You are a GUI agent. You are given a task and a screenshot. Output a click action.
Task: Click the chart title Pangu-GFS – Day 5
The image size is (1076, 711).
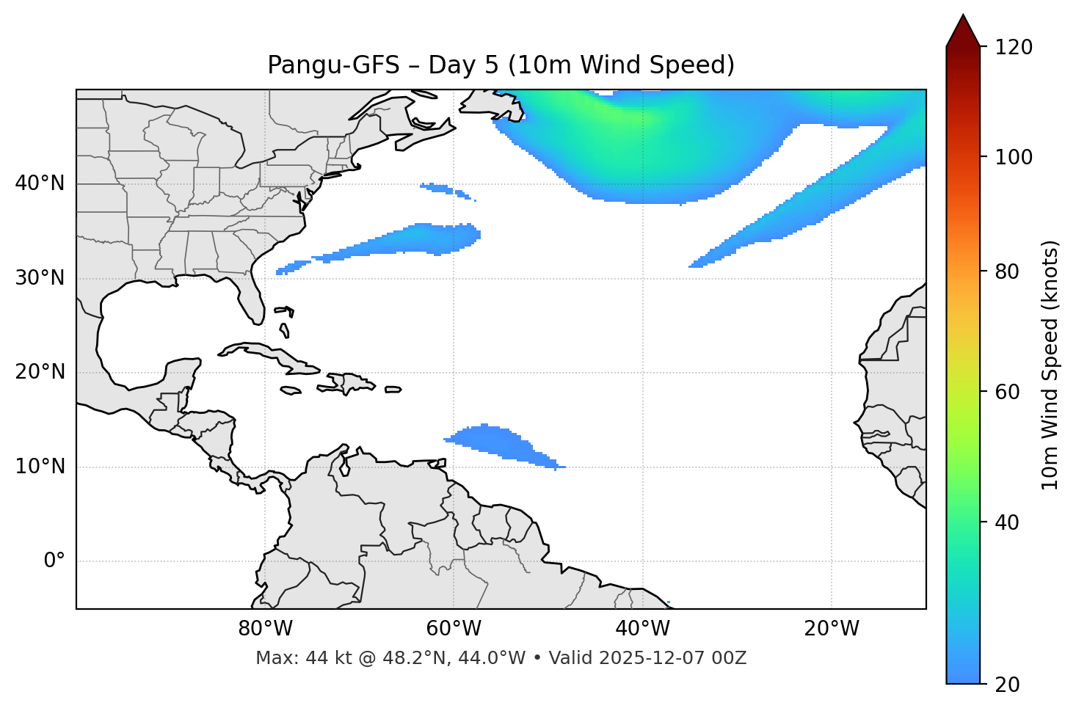point(501,65)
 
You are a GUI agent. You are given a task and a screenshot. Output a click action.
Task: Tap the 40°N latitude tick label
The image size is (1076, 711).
point(40,183)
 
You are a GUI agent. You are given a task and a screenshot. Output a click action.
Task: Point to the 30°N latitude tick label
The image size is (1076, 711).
point(40,278)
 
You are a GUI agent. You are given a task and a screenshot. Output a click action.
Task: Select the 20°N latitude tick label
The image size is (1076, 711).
point(40,372)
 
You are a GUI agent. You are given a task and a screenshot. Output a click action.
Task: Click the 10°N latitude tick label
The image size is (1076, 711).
point(40,467)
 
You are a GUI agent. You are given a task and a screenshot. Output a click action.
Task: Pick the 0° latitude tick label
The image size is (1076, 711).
point(54,561)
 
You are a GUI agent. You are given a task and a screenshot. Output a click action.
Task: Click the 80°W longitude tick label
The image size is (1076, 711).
point(265,629)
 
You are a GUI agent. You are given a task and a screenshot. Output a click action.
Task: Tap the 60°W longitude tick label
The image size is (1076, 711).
point(454,629)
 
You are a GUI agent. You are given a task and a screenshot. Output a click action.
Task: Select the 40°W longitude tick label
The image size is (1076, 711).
point(642,629)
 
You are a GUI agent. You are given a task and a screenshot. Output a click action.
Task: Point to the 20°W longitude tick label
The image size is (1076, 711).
point(831,629)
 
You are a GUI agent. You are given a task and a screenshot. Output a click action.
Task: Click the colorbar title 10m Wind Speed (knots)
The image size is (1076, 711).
point(1050,365)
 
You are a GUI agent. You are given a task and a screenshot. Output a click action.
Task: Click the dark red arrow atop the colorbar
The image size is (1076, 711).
point(963,32)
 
